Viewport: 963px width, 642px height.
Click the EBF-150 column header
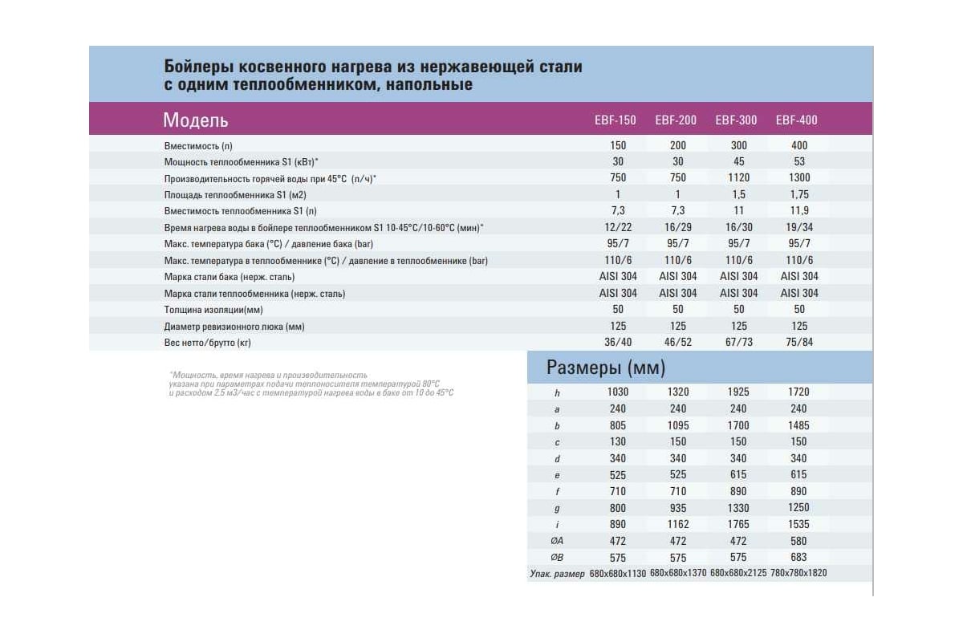(616, 120)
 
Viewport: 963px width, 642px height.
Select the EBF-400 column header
(797, 120)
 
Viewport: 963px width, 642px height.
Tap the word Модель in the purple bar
(196, 120)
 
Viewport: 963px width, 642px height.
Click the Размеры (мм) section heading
(606, 368)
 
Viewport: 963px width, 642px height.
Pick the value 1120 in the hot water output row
(738, 177)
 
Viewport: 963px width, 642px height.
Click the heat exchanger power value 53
(799, 161)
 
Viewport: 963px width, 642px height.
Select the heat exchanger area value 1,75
(799, 194)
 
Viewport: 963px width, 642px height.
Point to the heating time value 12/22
(618, 227)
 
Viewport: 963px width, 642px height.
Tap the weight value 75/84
(799, 342)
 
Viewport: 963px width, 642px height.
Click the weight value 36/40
(618, 342)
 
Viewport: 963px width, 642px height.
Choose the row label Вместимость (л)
(198, 146)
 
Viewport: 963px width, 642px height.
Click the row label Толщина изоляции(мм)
(213, 310)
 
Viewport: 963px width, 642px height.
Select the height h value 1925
(738, 392)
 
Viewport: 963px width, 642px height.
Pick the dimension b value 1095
(678, 425)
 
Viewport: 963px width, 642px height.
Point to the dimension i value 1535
(798, 524)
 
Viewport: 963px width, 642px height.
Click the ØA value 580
(798, 541)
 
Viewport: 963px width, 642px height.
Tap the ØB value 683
(798, 557)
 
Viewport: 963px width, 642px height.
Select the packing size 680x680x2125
(738, 573)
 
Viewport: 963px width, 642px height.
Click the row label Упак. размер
(557, 574)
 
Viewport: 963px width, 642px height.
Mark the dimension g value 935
(678, 508)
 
